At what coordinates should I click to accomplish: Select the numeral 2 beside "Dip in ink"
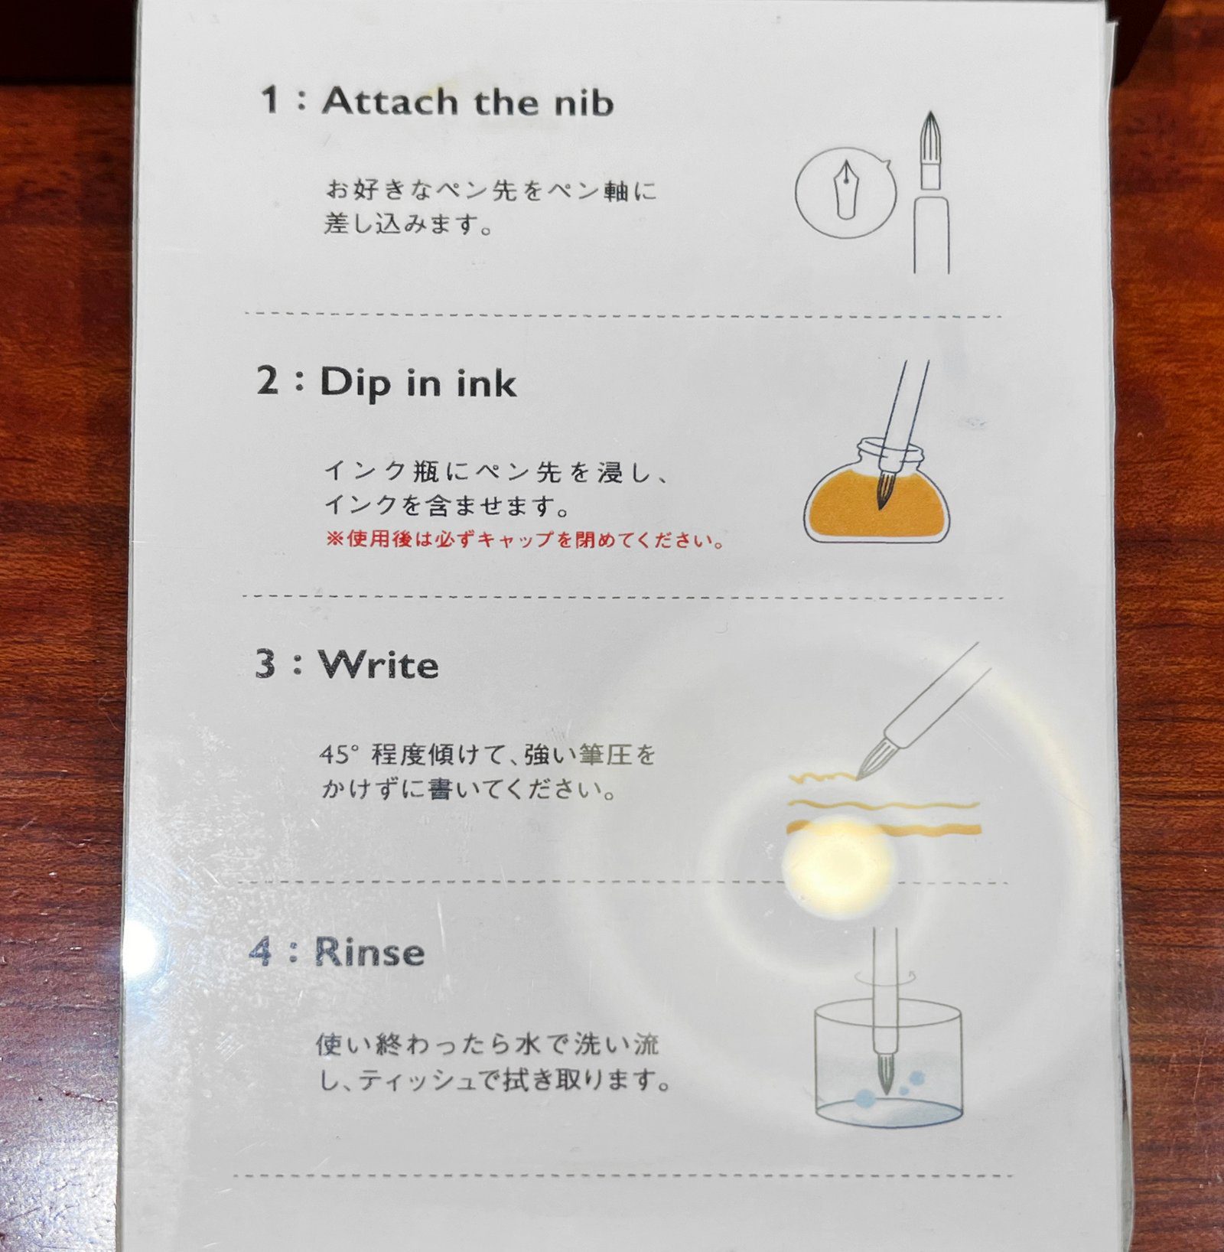click(x=268, y=380)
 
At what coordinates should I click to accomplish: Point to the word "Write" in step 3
click(x=379, y=664)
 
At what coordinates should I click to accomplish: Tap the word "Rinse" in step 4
click(x=369, y=952)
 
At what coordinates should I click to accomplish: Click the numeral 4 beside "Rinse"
click(x=261, y=951)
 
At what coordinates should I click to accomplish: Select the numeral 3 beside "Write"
click(x=266, y=663)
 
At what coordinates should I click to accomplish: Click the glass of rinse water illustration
click(x=887, y=1062)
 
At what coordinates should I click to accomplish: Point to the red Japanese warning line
click(x=525, y=540)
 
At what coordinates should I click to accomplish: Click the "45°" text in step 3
click(x=339, y=755)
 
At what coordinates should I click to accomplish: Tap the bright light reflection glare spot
click(x=838, y=864)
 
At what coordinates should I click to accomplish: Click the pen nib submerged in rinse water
click(x=885, y=1071)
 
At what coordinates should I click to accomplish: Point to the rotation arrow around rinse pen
click(x=885, y=977)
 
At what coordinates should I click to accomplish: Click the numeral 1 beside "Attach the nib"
click(x=269, y=99)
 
